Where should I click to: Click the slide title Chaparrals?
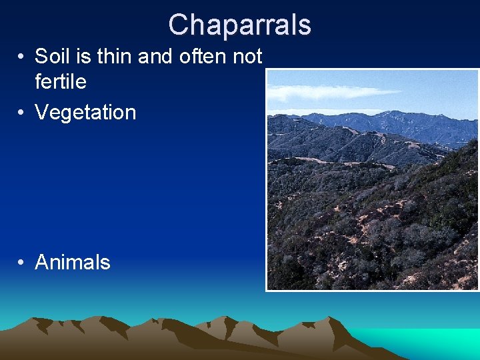click(239, 25)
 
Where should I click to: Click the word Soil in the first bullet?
click(51, 57)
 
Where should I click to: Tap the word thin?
click(115, 57)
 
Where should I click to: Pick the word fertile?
click(61, 82)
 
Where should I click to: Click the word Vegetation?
click(85, 113)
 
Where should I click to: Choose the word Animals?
click(72, 263)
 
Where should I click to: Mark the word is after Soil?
click(83, 57)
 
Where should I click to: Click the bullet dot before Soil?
click(22, 57)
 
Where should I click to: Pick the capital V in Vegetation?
click(41, 113)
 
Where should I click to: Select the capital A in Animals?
click(42, 263)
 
